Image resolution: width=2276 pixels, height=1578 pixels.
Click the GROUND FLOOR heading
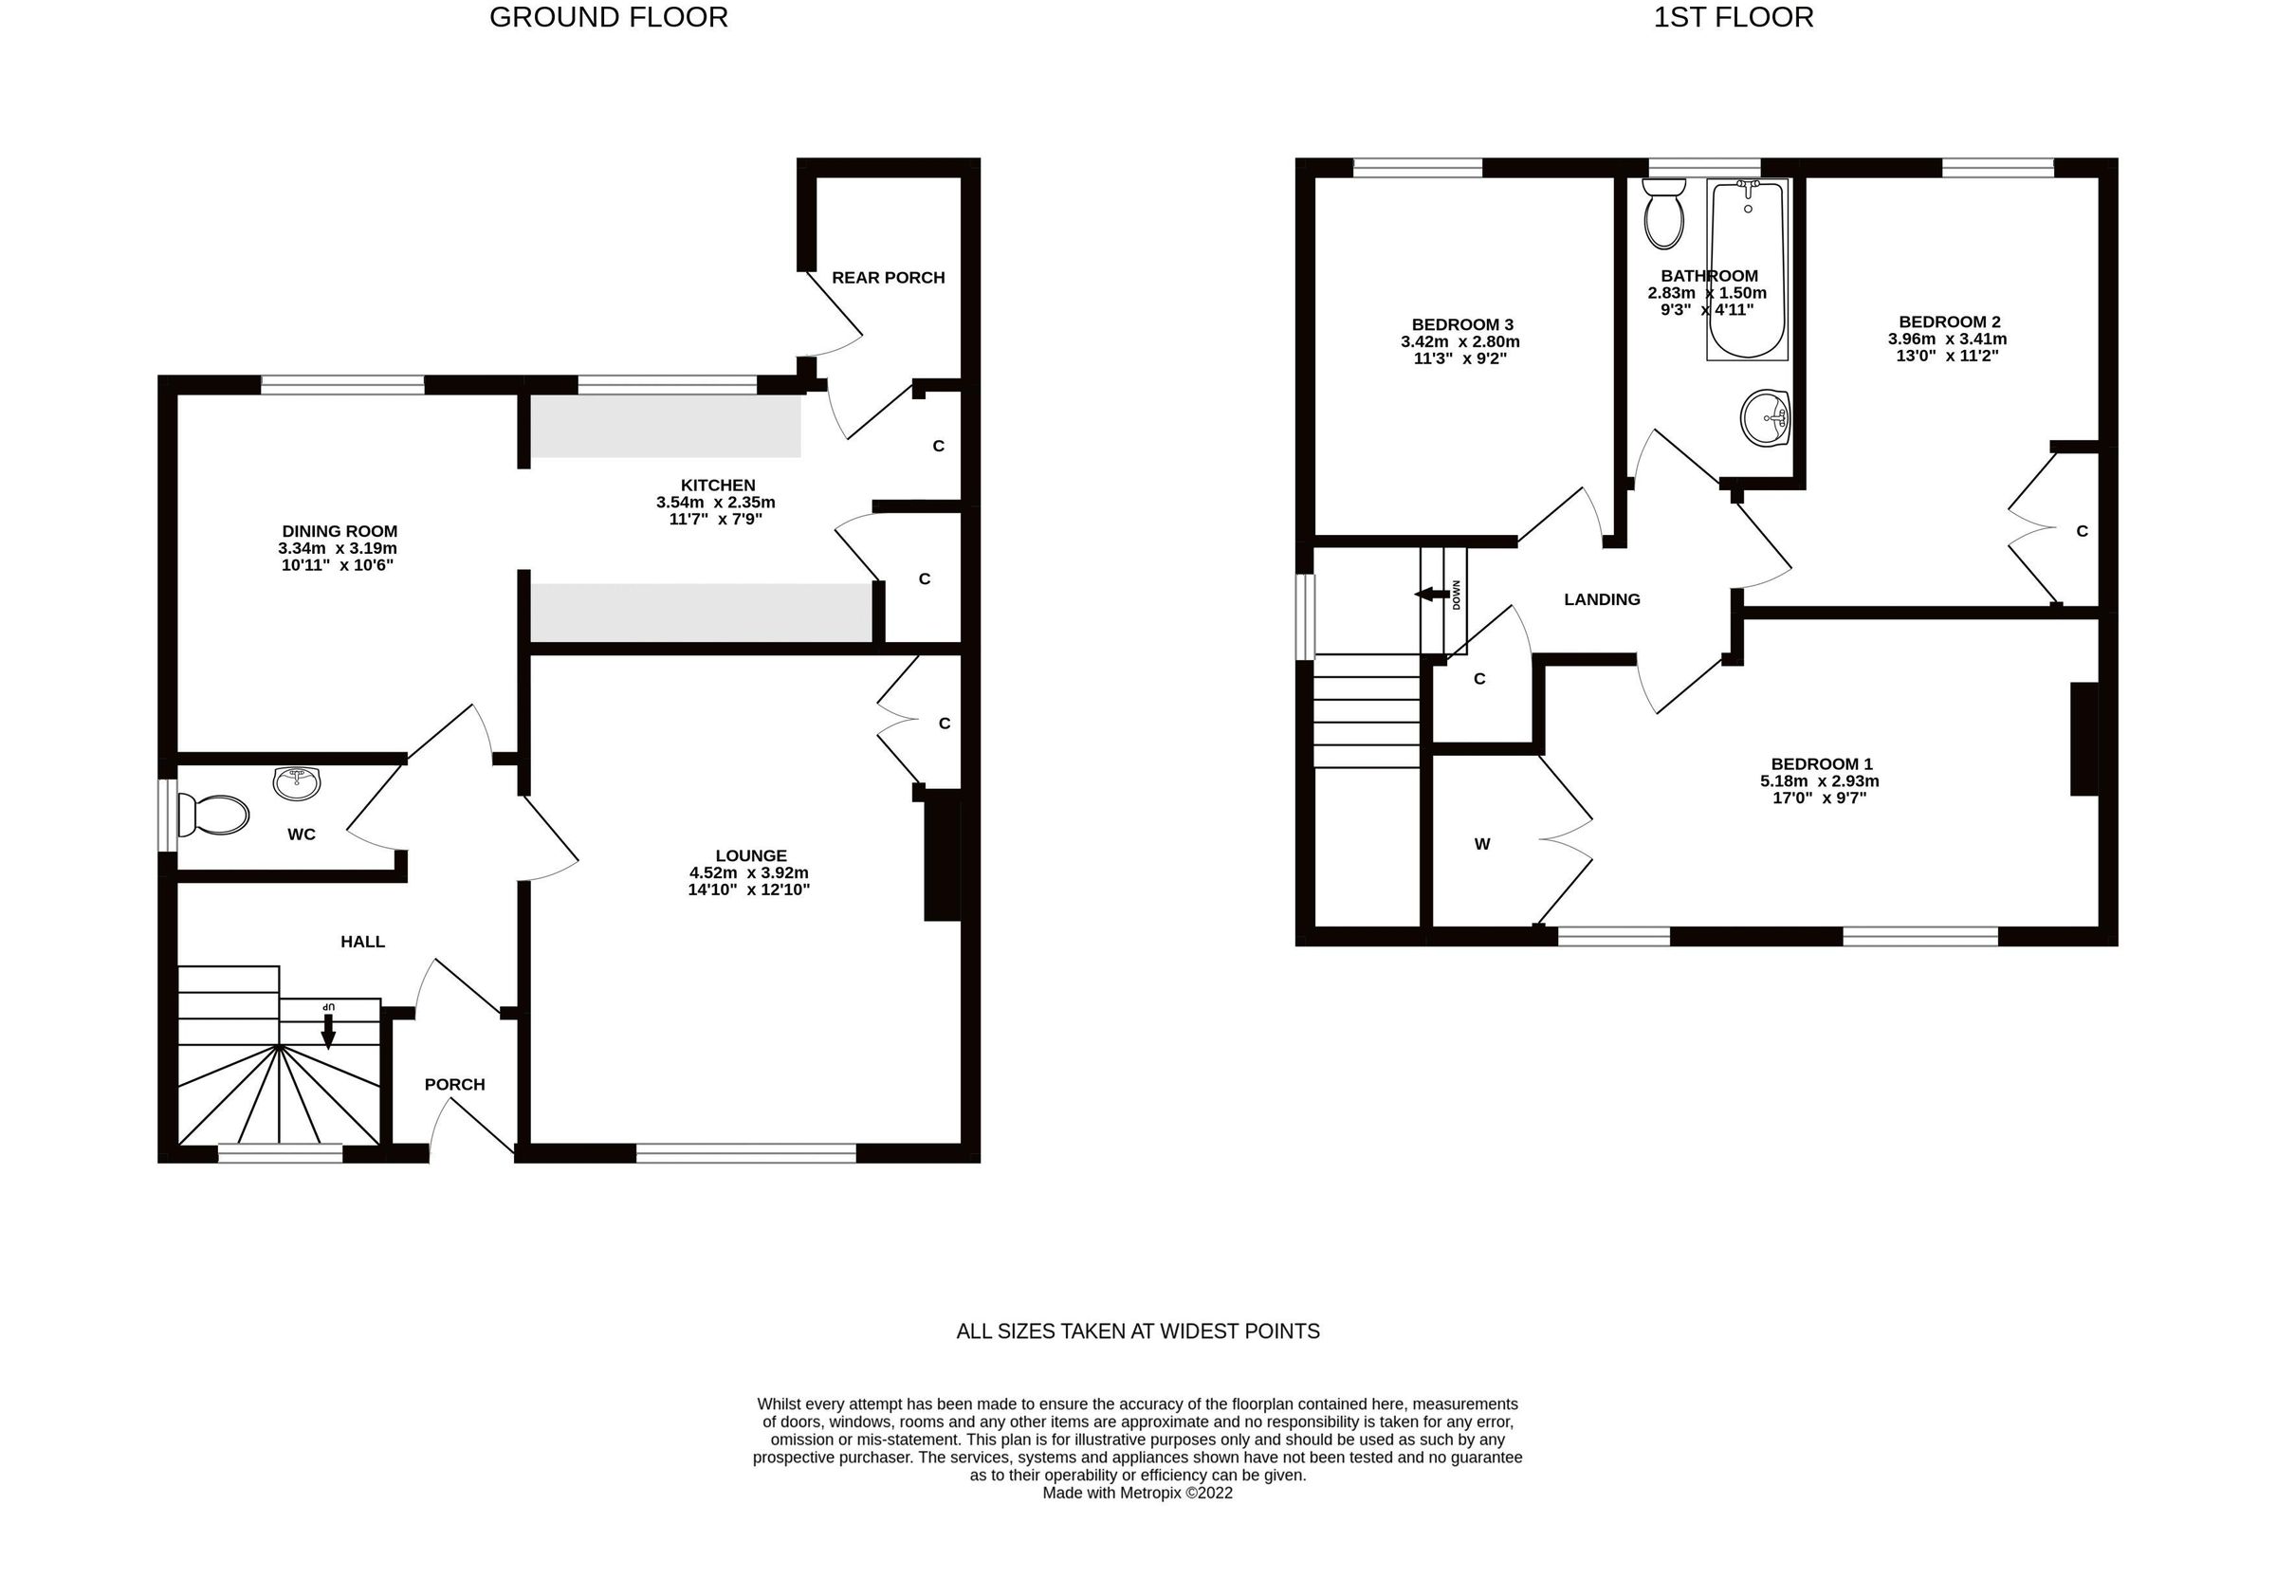click(x=608, y=18)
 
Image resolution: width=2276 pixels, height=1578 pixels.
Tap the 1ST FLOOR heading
click(x=1733, y=18)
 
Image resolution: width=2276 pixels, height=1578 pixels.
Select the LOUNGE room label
click(x=750, y=855)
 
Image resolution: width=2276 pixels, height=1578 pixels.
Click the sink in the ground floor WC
click(x=297, y=783)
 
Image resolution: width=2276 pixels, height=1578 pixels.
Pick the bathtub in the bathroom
click(x=1746, y=269)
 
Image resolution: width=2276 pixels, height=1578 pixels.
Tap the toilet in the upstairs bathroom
click(x=1663, y=215)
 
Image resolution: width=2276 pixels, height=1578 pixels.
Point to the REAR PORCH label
click(x=888, y=278)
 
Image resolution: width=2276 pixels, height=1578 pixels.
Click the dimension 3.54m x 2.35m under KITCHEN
click(x=716, y=503)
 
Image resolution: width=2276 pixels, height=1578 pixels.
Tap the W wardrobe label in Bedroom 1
click(x=1481, y=843)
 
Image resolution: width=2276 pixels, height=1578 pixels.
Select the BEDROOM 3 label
click(x=1461, y=324)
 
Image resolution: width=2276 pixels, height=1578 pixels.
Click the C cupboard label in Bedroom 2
click(x=2082, y=531)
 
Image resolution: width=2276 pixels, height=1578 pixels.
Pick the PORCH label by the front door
click(x=455, y=1084)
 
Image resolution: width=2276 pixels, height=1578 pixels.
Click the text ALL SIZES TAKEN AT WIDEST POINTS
click(x=1137, y=1330)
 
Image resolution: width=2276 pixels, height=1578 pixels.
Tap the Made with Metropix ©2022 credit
click(x=1137, y=1493)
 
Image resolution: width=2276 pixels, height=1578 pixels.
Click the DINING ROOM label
click(x=340, y=531)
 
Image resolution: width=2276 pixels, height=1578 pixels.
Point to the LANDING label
click(x=1601, y=599)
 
